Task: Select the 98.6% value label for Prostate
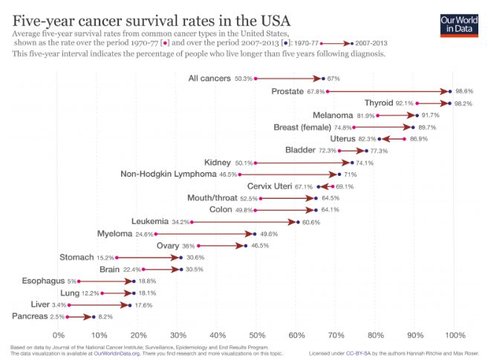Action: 464,91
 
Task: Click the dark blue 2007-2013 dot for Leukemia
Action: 298,222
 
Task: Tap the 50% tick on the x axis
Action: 257,334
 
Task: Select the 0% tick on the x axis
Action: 59,334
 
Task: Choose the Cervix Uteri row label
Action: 270,186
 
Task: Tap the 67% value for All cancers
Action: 334,79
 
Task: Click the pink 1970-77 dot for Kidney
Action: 256,163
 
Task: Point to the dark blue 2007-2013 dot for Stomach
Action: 181,258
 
